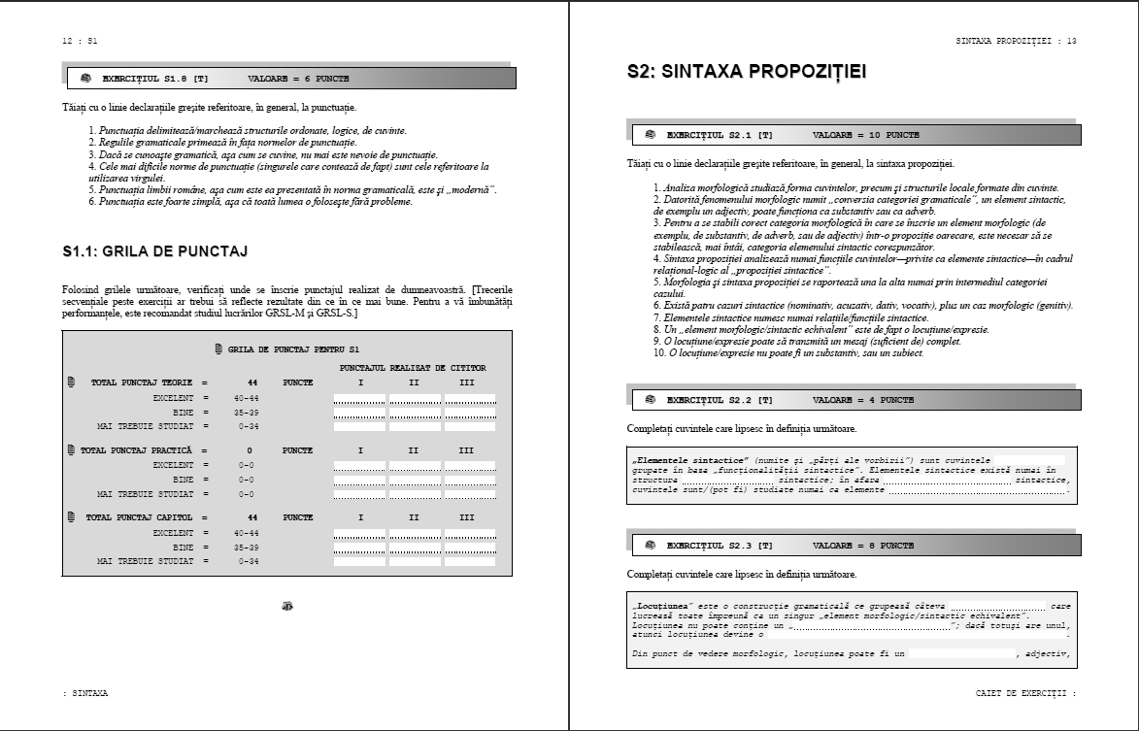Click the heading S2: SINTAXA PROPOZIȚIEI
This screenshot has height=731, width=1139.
pyautogui.click(x=747, y=72)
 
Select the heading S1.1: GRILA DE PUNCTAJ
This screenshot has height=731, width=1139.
pyautogui.click(x=154, y=251)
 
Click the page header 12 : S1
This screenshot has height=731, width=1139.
pyautogui.click(x=80, y=41)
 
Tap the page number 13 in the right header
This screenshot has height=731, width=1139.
pyautogui.click(x=1071, y=41)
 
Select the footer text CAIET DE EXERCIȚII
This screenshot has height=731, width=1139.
pyautogui.click(x=1023, y=694)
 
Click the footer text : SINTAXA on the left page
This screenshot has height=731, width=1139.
pyautogui.click(x=84, y=694)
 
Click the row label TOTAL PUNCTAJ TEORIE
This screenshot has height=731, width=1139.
pyautogui.click(x=142, y=382)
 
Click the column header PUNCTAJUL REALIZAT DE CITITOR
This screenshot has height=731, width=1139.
pyautogui.click(x=413, y=368)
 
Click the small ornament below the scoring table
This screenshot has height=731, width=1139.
pyautogui.click(x=287, y=606)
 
